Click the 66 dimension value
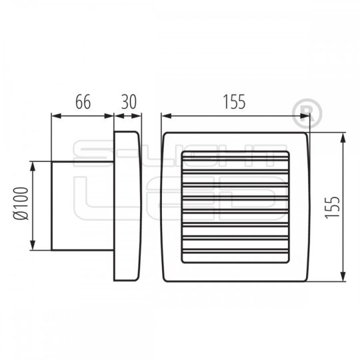click(82, 102)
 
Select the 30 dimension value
click(127, 102)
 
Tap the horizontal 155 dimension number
click(235, 102)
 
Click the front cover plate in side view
click(127, 205)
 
